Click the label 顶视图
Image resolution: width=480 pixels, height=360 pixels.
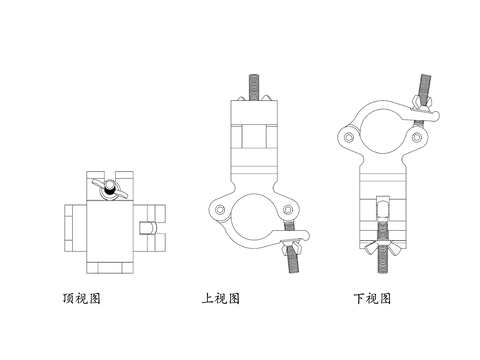(82, 298)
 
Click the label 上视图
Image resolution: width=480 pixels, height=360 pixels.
(220, 298)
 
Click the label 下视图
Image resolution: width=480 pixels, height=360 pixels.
(371, 298)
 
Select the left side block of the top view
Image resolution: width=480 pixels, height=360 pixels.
(75, 228)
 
